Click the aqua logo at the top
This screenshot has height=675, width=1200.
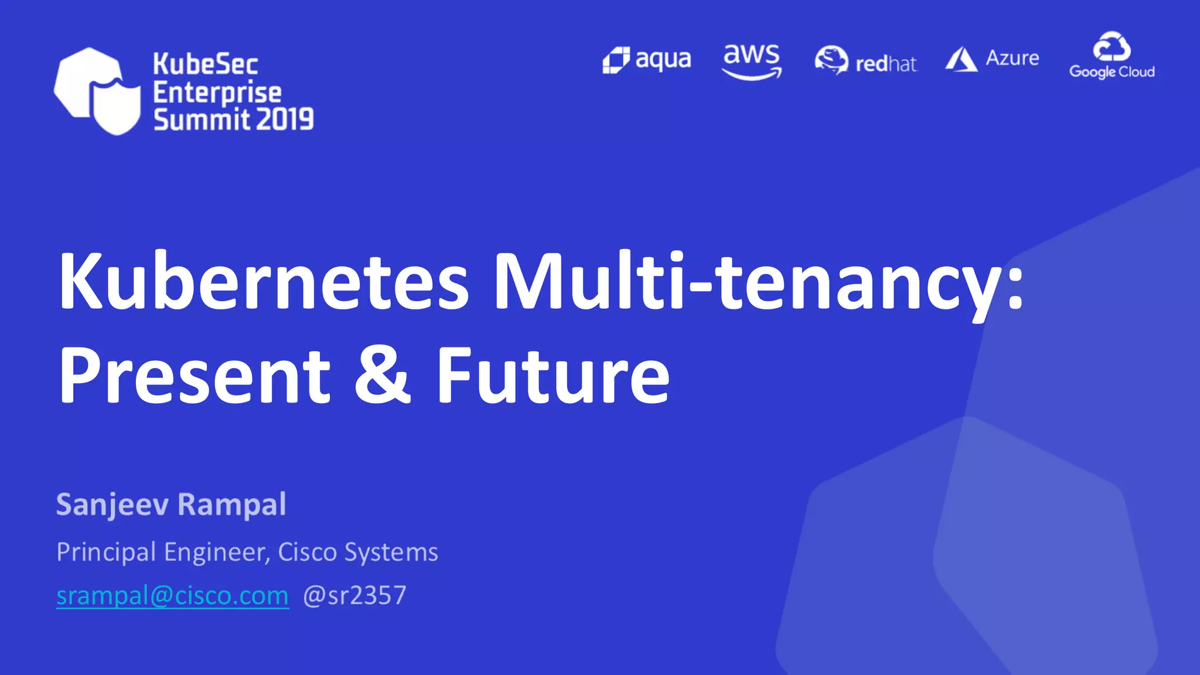[x=647, y=60]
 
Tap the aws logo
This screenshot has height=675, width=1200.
[x=752, y=61]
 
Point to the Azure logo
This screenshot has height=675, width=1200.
[x=991, y=59]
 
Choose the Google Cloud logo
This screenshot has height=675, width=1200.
[x=1112, y=56]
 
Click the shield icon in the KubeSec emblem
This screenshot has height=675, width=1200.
[x=117, y=105]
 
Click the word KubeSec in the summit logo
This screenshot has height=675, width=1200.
[x=205, y=64]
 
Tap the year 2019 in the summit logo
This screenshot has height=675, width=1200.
[x=285, y=120]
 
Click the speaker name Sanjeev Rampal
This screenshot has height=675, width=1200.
[x=171, y=504]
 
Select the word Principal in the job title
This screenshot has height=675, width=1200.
[x=106, y=553]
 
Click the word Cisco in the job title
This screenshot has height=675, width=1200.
[x=307, y=552]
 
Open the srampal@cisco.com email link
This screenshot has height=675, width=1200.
[x=172, y=596]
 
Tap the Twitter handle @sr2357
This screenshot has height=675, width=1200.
[x=354, y=596]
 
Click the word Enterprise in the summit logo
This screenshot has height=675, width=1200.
[x=217, y=93]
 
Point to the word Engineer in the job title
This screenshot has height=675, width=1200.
[x=217, y=553]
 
